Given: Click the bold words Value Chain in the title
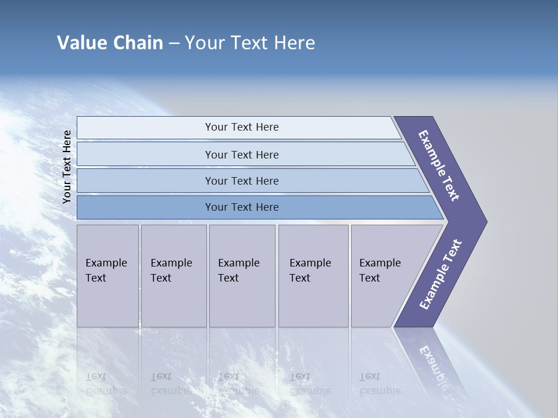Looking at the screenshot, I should coord(110,43).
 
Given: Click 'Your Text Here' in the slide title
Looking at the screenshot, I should coord(250,43).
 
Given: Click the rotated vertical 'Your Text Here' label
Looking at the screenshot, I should coord(67,167).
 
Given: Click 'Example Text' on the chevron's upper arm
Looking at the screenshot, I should coord(439,165).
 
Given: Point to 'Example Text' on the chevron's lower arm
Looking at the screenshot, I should coord(441,275).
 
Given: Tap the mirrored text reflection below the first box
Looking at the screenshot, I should coord(106,384).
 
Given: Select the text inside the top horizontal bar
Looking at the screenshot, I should coord(242,127).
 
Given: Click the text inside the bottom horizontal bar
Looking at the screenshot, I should coord(242,207).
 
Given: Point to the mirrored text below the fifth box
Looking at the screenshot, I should coord(380,384).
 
